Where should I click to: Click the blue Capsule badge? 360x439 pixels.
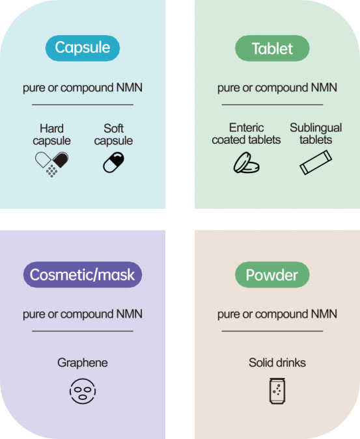click(83, 48)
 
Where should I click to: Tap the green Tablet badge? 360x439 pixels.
click(272, 48)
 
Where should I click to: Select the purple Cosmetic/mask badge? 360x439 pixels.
click(83, 274)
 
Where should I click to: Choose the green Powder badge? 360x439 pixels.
click(272, 274)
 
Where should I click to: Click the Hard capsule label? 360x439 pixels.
click(52, 135)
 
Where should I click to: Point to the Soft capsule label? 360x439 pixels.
click(113, 135)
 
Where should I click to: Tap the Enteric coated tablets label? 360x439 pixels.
click(246, 133)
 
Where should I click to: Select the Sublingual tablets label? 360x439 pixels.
click(316, 133)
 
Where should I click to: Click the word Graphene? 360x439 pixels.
click(83, 363)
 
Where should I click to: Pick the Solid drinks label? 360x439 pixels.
click(277, 362)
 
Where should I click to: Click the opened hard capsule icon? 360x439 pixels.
click(52, 164)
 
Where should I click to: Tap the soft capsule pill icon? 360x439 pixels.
click(113, 163)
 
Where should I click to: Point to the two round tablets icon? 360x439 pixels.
click(246, 163)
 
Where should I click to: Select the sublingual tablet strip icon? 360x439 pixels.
click(316, 163)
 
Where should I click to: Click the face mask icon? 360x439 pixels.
click(83, 391)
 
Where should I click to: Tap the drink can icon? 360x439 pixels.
click(277, 391)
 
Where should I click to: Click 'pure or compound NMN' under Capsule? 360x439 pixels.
click(83, 88)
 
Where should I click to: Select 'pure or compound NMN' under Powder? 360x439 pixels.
click(277, 314)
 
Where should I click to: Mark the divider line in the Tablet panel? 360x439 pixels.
click(272, 105)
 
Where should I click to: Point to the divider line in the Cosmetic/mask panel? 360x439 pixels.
click(83, 331)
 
